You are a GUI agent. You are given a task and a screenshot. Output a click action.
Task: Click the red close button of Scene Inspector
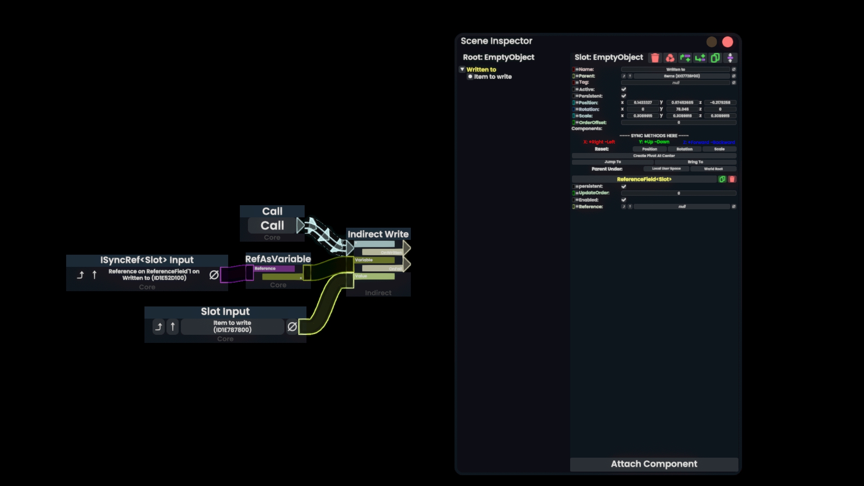point(727,42)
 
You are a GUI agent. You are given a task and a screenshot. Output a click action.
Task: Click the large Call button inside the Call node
point(272,225)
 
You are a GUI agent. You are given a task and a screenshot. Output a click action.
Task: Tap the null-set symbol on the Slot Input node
point(292,327)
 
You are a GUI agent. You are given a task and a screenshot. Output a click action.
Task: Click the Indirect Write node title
point(378,234)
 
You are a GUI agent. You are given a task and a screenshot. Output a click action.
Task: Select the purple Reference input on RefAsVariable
point(274,269)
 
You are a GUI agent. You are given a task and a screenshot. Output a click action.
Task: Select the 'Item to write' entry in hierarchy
point(492,77)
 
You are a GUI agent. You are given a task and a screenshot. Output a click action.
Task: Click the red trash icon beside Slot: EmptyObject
point(655,58)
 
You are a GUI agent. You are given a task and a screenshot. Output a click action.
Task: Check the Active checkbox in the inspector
point(624,89)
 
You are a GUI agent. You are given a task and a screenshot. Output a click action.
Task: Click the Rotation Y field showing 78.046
point(682,109)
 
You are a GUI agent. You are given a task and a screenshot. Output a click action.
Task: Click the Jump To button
point(612,162)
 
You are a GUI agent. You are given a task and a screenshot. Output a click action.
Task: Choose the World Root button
point(713,169)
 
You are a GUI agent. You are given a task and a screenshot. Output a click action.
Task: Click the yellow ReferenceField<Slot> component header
point(644,179)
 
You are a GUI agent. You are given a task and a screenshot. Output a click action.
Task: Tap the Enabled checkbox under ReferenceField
point(624,200)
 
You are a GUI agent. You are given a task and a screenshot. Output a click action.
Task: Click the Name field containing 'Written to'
point(675,69)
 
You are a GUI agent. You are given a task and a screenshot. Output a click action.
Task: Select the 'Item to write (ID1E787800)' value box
point(232,326)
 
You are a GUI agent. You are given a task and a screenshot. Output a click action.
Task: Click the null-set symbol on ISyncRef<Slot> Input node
point(214,275)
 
